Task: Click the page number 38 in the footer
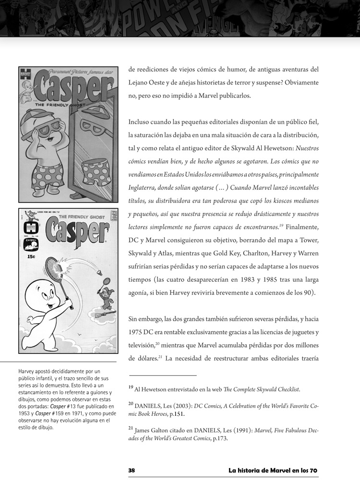132,470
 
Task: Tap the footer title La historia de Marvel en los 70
273,470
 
